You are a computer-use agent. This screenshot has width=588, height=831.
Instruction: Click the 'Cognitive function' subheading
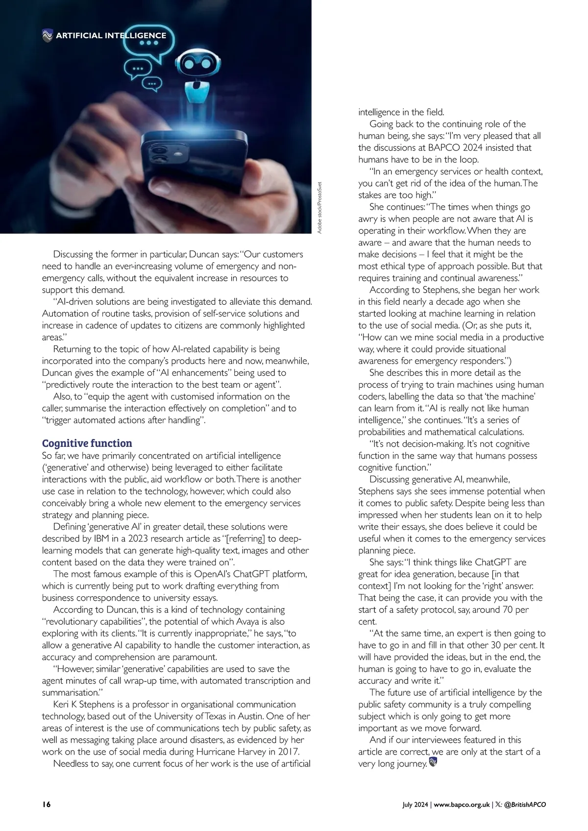(87, 443)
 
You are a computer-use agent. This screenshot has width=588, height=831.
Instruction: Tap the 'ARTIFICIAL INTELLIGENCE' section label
(111, 35)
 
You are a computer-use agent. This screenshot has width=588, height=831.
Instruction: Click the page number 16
(47, 805)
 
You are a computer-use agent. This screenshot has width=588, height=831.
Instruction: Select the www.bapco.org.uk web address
(462, 805)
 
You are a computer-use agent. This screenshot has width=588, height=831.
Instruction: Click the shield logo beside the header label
(48, 35)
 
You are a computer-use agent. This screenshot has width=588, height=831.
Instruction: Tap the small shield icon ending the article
(433, 762)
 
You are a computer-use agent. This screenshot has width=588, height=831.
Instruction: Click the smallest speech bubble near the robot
(154, 84)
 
